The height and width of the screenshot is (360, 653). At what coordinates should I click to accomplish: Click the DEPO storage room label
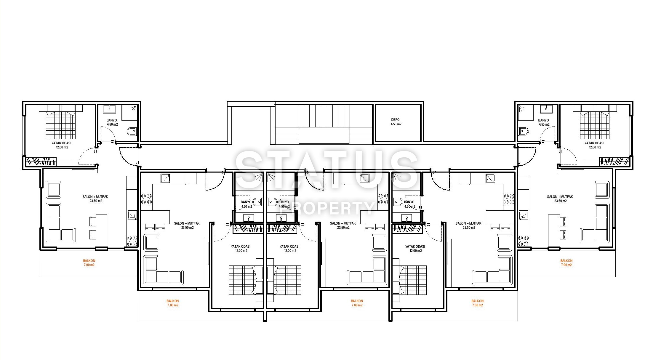tap(395, 120)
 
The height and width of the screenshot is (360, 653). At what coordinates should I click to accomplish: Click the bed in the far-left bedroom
tap(61, 121)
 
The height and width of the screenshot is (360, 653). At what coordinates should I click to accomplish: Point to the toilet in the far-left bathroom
tap(132, 131)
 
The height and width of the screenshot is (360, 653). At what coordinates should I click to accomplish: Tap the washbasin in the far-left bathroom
tap(109, 109)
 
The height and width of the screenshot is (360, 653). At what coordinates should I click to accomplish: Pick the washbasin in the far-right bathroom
tap(546, 109)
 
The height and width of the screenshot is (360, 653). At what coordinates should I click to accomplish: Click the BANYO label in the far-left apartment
tap(112, 120)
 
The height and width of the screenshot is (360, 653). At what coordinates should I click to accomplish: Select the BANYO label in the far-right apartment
tap(543, 120)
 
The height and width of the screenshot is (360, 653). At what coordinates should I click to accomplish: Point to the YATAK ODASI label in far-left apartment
tap(61, 143)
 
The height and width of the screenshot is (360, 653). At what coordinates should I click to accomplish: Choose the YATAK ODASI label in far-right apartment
tap(594, 143)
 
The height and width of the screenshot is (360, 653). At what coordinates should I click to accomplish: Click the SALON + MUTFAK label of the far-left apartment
tap(95, 197)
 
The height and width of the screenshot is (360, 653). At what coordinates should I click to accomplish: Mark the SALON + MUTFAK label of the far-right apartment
tap(560, 197)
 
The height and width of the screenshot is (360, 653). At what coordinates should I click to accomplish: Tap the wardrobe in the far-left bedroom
tap(41, 162)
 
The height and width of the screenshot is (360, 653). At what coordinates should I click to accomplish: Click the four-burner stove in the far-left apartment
tap(132, 241)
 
